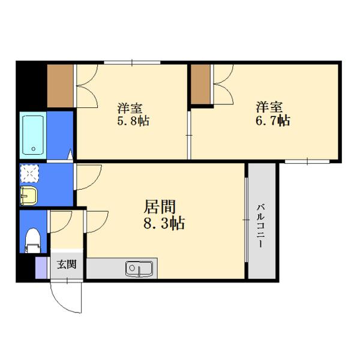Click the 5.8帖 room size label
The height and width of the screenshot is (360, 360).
(133, 121)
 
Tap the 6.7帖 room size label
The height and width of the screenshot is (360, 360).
(273, 121)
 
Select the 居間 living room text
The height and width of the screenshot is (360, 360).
(160, 206)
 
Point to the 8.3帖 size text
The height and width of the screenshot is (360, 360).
(164, 223)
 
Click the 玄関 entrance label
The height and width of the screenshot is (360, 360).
(67, 265)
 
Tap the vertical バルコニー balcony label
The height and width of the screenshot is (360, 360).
(260, 226)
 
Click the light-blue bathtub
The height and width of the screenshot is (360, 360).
(33, 135)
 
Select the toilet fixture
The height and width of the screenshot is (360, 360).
(32, 241)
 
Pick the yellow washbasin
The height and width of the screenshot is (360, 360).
(29, 196)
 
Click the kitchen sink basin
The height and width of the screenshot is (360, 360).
(139, 268)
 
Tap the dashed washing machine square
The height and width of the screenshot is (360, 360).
(29, 173)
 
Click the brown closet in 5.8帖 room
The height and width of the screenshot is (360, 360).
(61, 86)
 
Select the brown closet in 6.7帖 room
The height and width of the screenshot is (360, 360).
(200, 84)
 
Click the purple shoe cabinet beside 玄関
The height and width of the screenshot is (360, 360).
(41, 268)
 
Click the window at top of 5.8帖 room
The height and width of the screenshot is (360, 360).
(132, 62)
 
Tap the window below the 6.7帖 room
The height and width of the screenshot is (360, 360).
(307, 161)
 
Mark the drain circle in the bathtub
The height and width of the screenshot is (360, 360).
(33, 149)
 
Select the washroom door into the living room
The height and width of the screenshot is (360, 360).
(88, 177)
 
